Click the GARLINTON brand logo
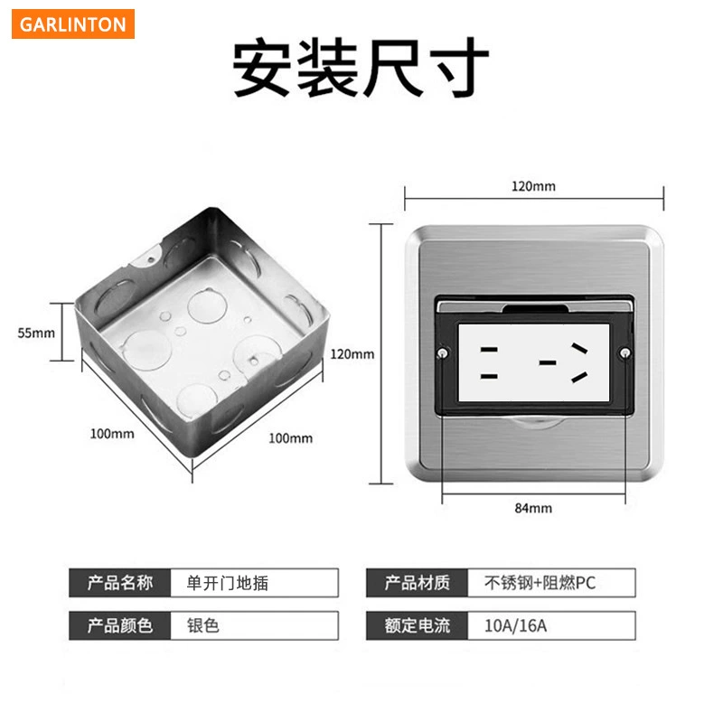(x=73, y=24)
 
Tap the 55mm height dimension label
(x=36, y=333)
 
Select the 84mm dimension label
(x=533, y=508)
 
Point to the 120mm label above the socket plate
(x=533, y=186)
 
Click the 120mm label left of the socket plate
(x=352, y=354)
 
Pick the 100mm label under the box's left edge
(x=112, y=434)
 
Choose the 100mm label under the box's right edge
(x=290, y=438)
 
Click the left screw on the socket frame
(x=443, y=353)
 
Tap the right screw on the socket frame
(x=624, y=353)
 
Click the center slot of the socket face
(x=548, y=363)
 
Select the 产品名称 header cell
(x=120, y=583)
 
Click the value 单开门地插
(x=228, y=583)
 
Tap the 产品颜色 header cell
(x=120, y=625)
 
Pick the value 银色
(x=202, y=625)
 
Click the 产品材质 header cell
(x=417, y=583)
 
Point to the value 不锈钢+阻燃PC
(x=540, y=583)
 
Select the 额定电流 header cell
(x=417, y=625)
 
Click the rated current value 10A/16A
(x=515, y=625)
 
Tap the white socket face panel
(x=534, y=362)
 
